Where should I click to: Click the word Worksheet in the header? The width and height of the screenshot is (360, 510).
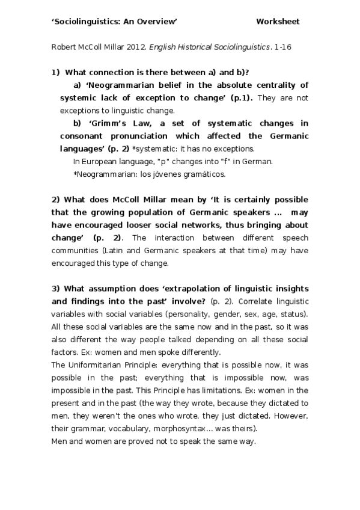tap(278, 22)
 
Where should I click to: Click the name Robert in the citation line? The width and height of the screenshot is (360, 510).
tap(64, 46)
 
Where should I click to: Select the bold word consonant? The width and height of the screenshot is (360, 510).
tap(84, 136)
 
